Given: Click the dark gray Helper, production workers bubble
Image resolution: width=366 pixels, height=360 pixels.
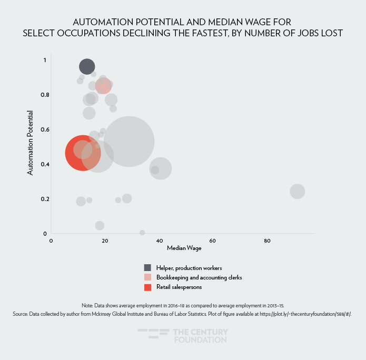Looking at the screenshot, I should pos(87,66).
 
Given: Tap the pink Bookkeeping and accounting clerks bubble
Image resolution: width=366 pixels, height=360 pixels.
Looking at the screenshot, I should pos(103,85).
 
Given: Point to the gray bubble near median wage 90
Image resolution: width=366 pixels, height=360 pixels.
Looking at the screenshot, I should pos(298,191).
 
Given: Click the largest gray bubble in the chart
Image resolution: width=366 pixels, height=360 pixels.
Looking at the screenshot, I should pos(129,141).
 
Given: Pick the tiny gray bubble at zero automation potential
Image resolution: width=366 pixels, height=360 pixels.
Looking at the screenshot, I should pos(142,233).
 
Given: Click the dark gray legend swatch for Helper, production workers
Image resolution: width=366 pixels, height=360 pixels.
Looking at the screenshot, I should pos(147,267).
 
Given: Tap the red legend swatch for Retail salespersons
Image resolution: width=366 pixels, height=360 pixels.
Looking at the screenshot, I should pos(147,287).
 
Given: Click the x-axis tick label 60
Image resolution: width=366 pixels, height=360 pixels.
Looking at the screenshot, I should pos(213,241).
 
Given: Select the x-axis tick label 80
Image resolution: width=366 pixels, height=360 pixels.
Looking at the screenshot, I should pos(267,241).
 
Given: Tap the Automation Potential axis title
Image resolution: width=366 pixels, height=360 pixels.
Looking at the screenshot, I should pos(30,142).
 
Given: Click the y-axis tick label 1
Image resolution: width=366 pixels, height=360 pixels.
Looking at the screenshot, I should pos(45,60).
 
